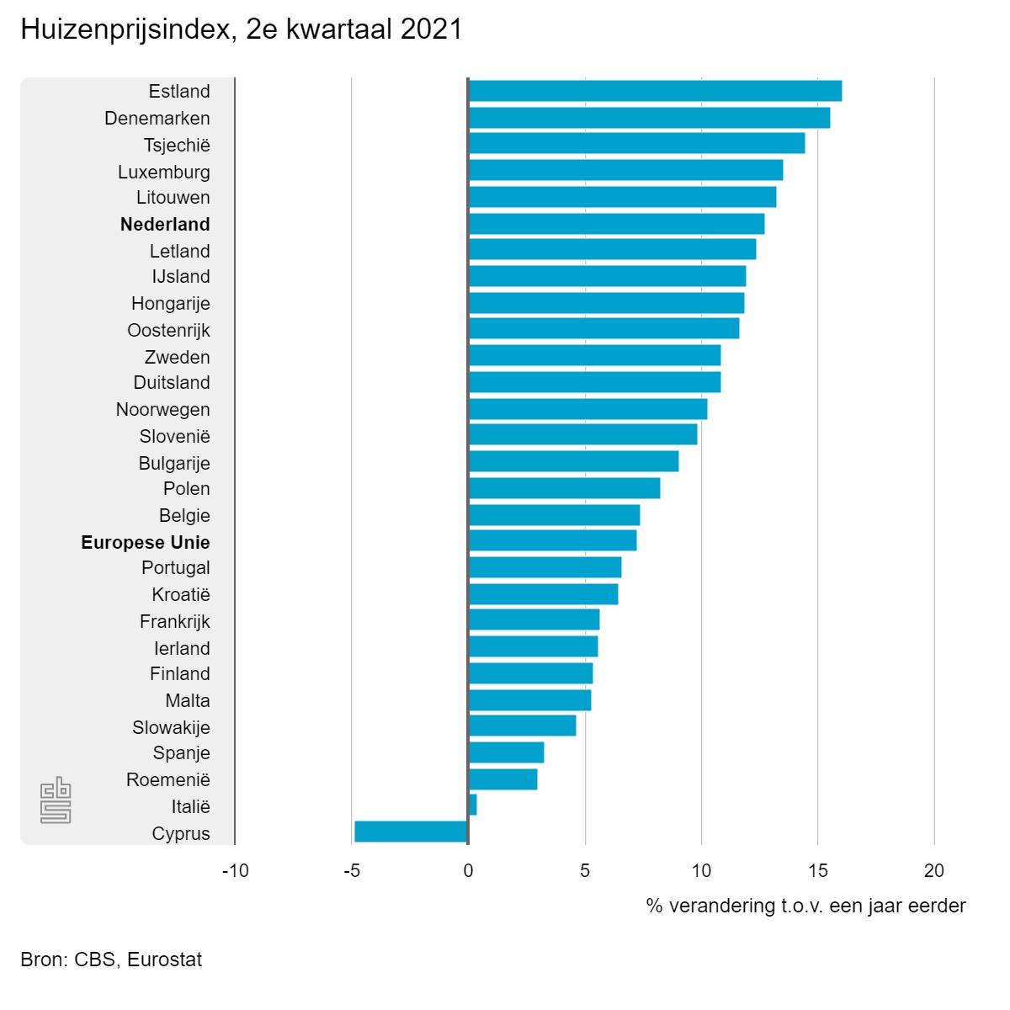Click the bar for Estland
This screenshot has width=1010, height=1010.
click(x=655, y=91)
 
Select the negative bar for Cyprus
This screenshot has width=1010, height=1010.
click(x=411, y=832)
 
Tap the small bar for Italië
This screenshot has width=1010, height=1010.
click(x=473, y=805)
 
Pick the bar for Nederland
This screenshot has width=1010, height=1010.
click(x=616, y=224)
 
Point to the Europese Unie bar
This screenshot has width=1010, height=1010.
click(x=552, y=540)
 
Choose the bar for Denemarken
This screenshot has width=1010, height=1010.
click(x=649, y=118)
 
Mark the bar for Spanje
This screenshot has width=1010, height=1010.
click(x=506, y=752)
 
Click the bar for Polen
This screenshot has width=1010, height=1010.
click(x=564, y=488)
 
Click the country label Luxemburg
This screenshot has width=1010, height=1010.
click(x=164, y=172)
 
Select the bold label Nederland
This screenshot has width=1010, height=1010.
click(x=165, y=224)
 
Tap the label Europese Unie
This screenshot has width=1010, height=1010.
click(x=146, y=542)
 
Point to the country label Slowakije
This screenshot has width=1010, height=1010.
click(x=171, y=727)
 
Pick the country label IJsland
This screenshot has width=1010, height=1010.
click(x=181, y=276)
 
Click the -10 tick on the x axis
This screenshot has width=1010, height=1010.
click(x=236, y=871)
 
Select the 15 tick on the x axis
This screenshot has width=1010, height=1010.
click(x=817, y=871)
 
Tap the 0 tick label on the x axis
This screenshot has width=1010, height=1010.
click(x=468, y=871)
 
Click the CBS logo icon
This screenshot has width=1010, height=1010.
click(x=56, y=800)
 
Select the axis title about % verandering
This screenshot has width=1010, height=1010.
click(x=805, y=906)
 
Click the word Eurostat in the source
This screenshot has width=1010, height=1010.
click(x=165, y=959)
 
